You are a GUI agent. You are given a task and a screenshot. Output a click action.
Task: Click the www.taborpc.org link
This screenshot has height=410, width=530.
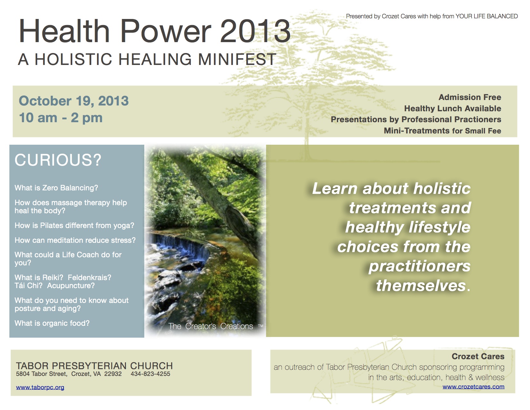click(40, 387)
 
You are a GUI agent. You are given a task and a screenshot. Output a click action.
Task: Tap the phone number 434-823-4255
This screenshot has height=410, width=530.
click(150, 374)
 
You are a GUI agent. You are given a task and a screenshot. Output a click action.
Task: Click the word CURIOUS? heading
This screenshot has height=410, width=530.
click(58, 160)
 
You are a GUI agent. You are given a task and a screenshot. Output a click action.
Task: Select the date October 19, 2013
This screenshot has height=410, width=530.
click(74, 101)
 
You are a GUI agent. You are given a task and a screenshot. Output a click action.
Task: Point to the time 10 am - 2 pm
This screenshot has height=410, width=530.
click(61, 118)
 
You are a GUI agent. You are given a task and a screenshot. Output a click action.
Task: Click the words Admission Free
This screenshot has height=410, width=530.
click(470, 97)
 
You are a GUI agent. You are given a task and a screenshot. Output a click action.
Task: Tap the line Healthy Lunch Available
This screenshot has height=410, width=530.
click(453, 108)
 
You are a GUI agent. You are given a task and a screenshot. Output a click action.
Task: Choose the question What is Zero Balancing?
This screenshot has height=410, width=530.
click(56, 188)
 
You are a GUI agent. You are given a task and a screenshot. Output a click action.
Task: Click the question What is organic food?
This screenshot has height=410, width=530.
click(52, 323)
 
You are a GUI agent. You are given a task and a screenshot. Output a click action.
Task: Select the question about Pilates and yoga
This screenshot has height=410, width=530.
click(75, 225)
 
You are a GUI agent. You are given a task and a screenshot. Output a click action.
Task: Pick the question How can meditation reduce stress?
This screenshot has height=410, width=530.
click(75, 240)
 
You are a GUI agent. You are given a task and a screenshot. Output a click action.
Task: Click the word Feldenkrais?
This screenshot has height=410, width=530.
click(89, 278)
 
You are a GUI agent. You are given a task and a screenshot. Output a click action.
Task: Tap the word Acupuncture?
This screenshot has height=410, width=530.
click(71, 286)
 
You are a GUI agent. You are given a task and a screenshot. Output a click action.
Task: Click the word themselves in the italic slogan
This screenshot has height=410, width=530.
click(421, 286)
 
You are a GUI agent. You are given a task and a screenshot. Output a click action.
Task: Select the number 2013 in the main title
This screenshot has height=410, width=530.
click(255, 32)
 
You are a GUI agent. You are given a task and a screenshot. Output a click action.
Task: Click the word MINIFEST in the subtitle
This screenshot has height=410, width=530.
click(237, 59)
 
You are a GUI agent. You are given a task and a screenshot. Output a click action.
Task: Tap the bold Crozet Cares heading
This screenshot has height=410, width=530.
click(478, 356)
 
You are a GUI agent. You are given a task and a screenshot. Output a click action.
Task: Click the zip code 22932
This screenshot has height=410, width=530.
click(113, 374)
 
